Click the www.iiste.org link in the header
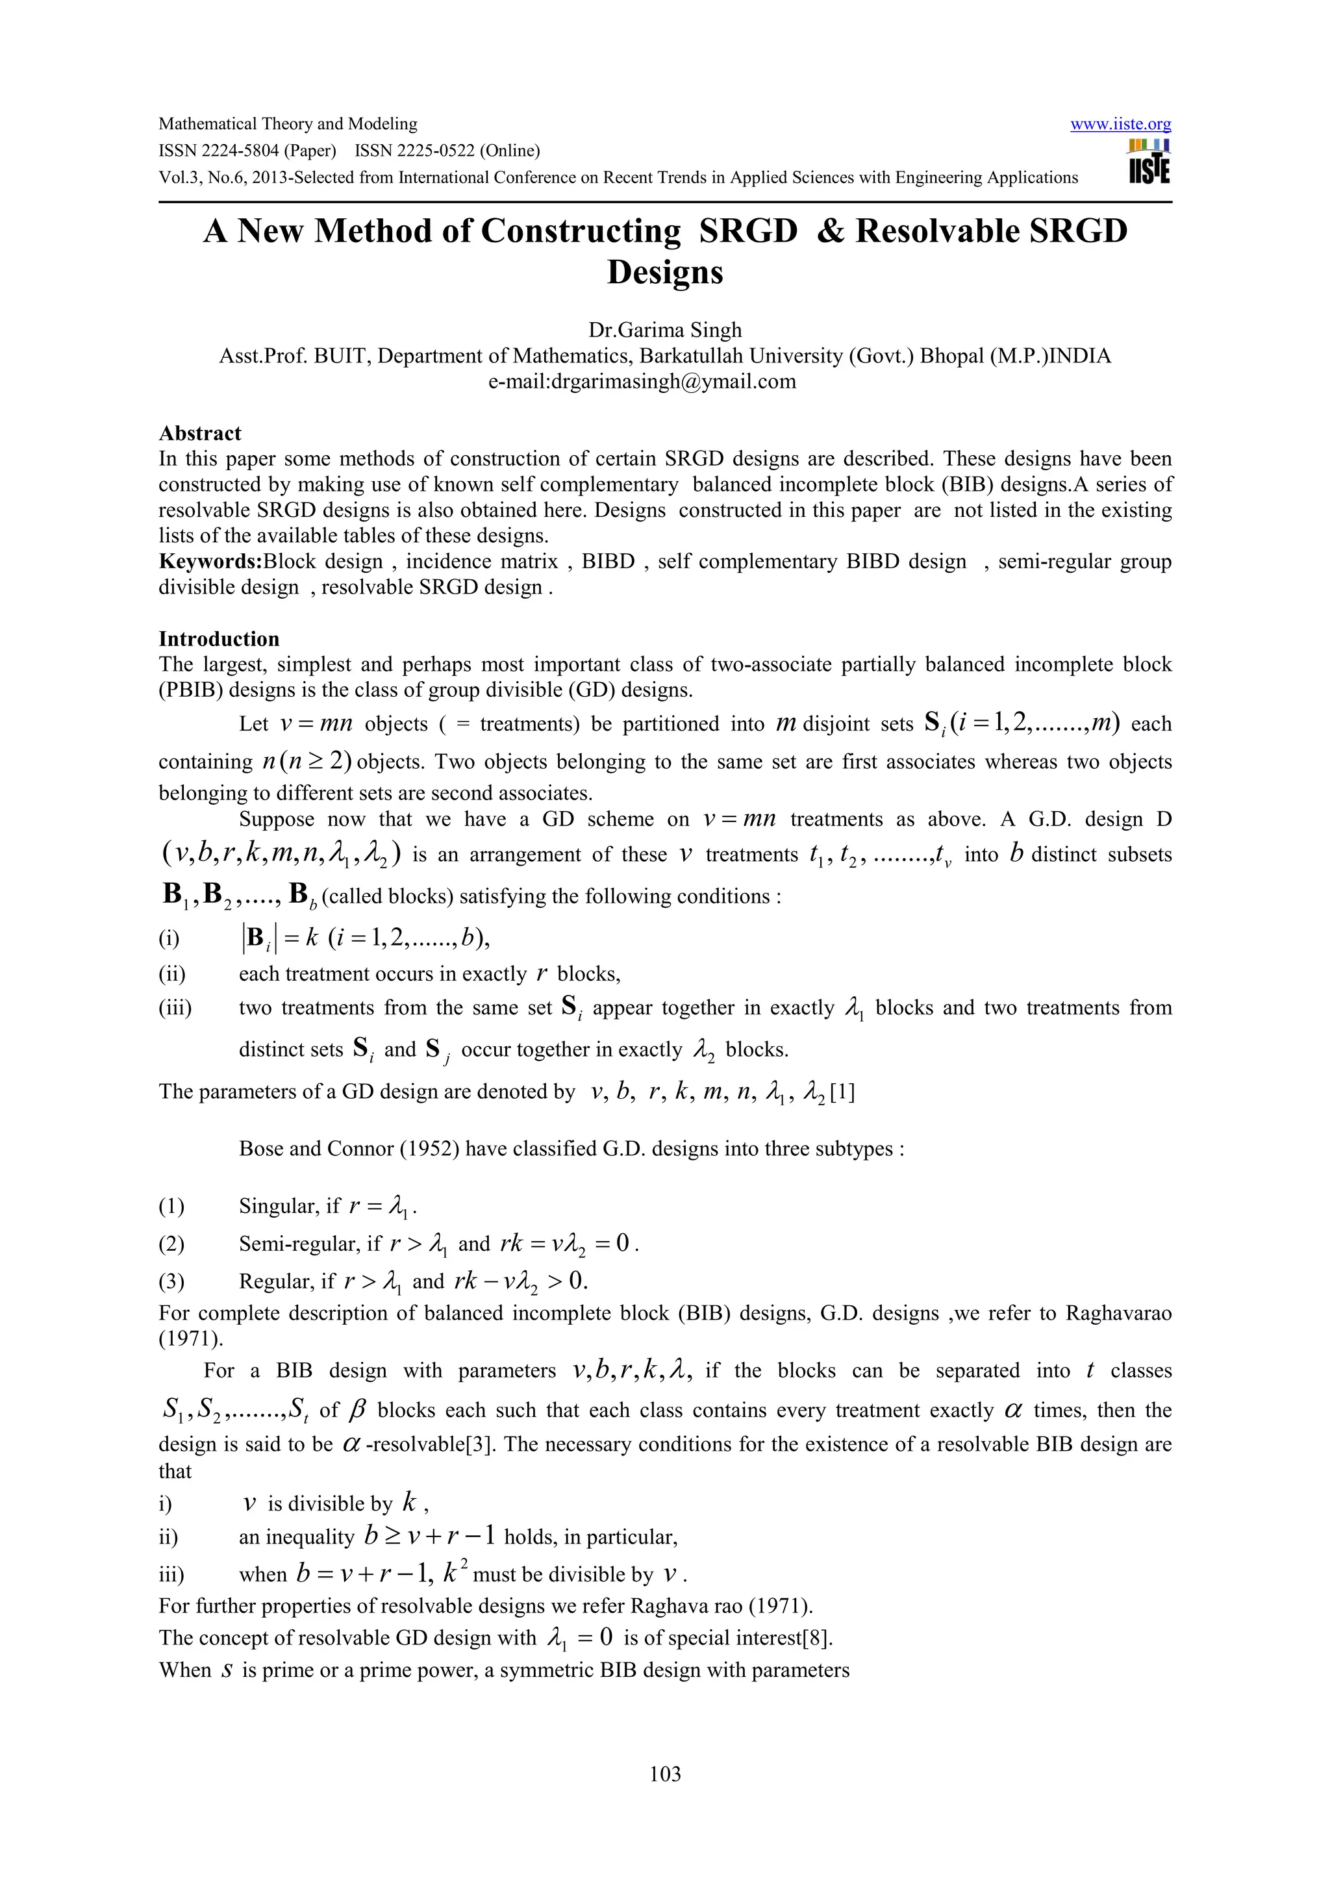(1120, 125)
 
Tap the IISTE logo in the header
(1149, 162)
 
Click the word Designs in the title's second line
(664, 272)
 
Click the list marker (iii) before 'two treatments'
(175, 1007)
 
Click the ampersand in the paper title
(830, 231)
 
